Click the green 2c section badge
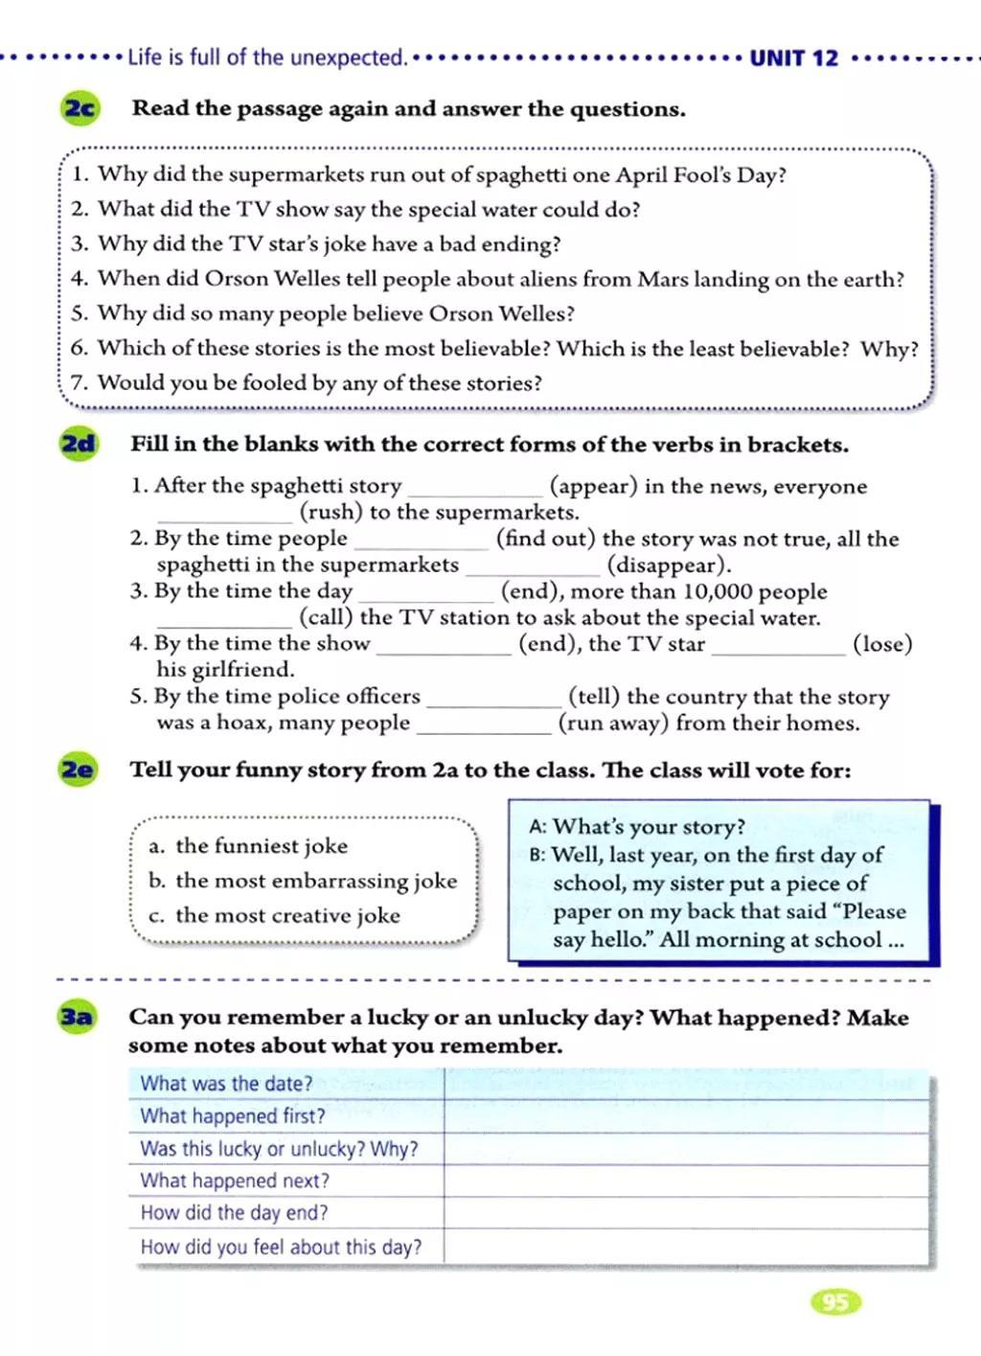tap(80, 108)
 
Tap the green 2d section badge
tap(79, 444)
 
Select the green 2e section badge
tap(79, 770)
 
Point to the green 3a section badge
tap(78, 1017)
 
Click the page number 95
tap(835, 1301)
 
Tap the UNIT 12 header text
tap(793, 58)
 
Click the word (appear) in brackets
tap(593, 486)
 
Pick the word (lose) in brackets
tap(882, 644)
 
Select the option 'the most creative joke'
tap(287, 915)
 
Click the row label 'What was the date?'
tap(226, 1084)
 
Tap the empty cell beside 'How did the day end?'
tap(686, 1213)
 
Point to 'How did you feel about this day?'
tap(281, 1247)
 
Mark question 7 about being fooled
tap(307, 383)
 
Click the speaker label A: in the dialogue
tap(537, 827)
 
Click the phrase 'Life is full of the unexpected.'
tap(267, 57)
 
